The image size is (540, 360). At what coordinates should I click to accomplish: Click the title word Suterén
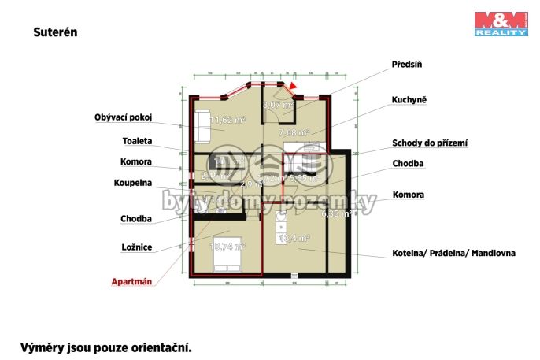pyautogui.click(x=55, y=33)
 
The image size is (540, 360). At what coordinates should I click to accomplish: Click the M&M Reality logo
pyautogui.click(x=501, y=24)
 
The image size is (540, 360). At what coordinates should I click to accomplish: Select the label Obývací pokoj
pyautogui.click(x=122, y=117)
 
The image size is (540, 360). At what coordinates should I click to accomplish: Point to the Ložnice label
pyautogui.click(x=138, y=247)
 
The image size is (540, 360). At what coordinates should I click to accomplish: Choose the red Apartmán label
pyautogui.click(x=131, y=280)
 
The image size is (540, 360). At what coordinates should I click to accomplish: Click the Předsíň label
pyautogui.click(x=409, y=64)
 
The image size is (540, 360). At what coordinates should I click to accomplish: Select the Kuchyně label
pyautogui.click(x=409, y=101)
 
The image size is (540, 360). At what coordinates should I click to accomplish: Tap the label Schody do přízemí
pyautogui.click(x=430, y=143)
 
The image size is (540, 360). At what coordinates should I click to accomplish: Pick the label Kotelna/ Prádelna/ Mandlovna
pyautogui.click(x=454, y=254)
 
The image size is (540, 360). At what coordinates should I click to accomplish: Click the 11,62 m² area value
pyautogui.click(x=227, y=121)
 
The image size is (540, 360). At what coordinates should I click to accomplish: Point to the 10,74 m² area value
pyautogui.click(x=227, y=246)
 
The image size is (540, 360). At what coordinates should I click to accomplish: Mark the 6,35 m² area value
pyautogui.click(x=334, y=213)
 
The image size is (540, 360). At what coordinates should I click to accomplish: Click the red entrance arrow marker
pyautogui.click(x=294, y=87)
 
